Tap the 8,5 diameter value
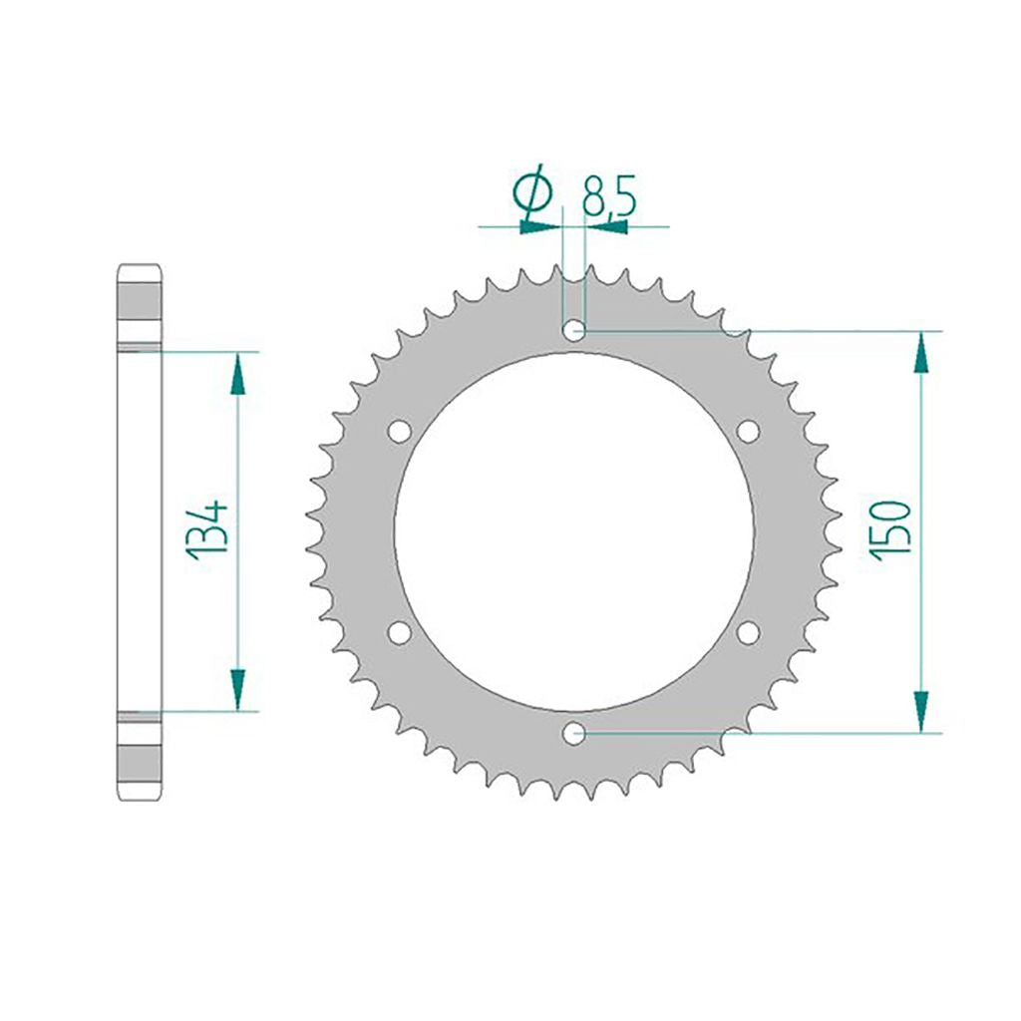point(608,195)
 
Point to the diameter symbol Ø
point(533,191)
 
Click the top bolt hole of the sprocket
point(573,331)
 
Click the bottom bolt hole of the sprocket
point(573,733)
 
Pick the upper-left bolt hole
point(399,431)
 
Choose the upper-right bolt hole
point(748,431)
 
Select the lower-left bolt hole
point(399,632)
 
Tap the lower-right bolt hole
point(748,632)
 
